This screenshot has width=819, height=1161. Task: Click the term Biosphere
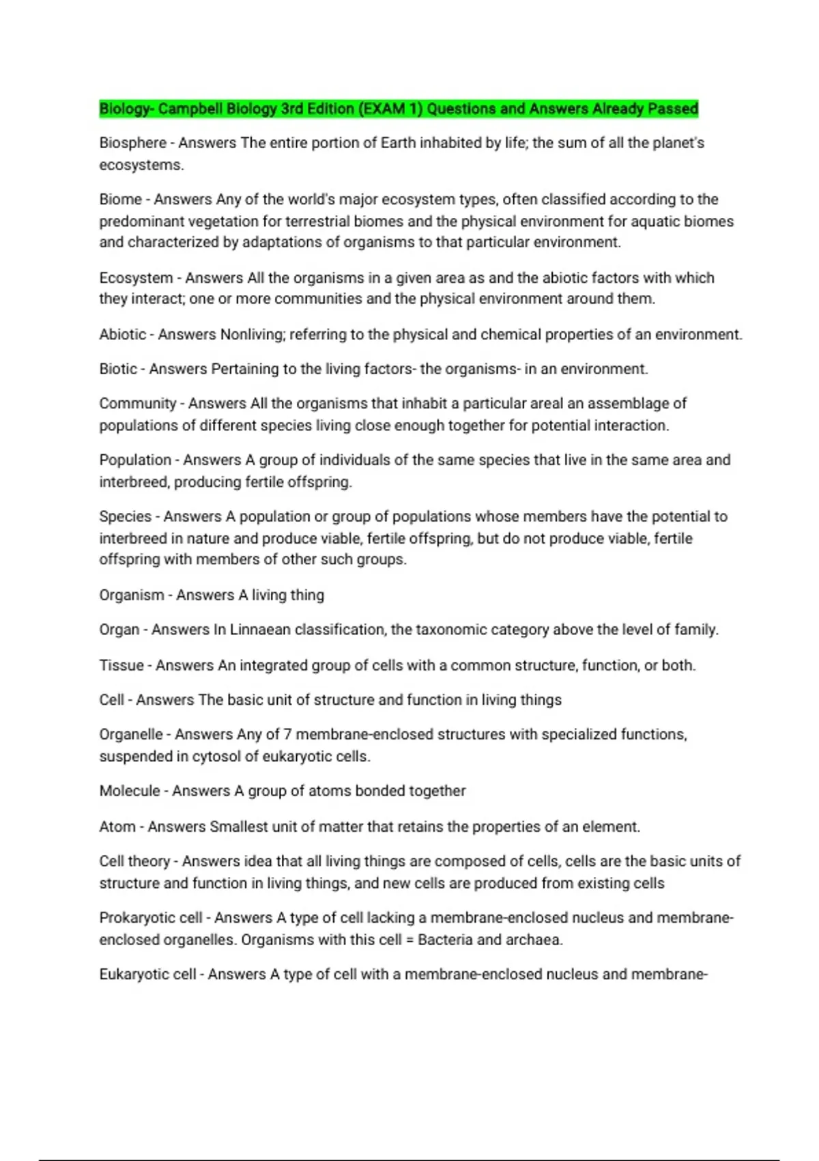[x=132, y=143]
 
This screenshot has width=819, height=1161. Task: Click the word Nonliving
[x=252, y=335]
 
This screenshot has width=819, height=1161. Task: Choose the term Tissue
[x=121, y=665]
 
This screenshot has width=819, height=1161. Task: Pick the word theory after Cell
[x=148, y=861]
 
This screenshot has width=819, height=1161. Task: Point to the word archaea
[x=535, y=940]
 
